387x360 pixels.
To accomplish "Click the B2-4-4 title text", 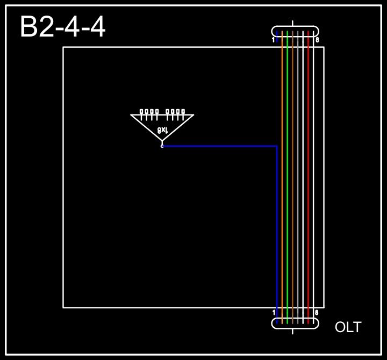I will pyautogui.click(x=62, y=27).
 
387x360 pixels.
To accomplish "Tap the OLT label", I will pyautogui.click(x=348, y=327).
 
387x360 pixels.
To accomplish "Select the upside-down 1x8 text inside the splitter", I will pyautogui.click(x=162, y=130).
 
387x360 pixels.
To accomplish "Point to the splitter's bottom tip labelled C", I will pyautogui.click(x=162, y=145).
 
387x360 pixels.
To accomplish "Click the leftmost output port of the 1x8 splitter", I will pyautogui.click(x=141, y=112).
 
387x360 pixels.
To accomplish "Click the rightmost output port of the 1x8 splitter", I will pyautogui.click(x=183, y=112).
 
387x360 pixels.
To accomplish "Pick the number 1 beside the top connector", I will pyautogui.click(x=274, y=40).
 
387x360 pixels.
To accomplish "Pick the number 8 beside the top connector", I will pyautogui.click(x=317, y=40).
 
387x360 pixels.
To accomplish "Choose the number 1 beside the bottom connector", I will pyautogui.click(x=274, y=312).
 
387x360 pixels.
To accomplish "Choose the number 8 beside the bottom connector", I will pyautogui.click(x=317, y=312).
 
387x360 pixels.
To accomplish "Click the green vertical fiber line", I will pyautogui.click(x=288, y=177).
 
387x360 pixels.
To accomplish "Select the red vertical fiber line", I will pyautogui.click(x=308, y=177).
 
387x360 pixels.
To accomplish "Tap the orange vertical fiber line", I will pyautogui.click(x=282, y=177).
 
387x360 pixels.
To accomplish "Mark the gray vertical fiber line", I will pyautogui.click(x=298, y=177).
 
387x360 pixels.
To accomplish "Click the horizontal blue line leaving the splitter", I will pyautogui.click(x=220, y=146).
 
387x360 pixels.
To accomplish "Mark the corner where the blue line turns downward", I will pyautogui.click(x=277, y=146).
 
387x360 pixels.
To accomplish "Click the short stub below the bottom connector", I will pyautogui.click(x=292, y=332).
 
